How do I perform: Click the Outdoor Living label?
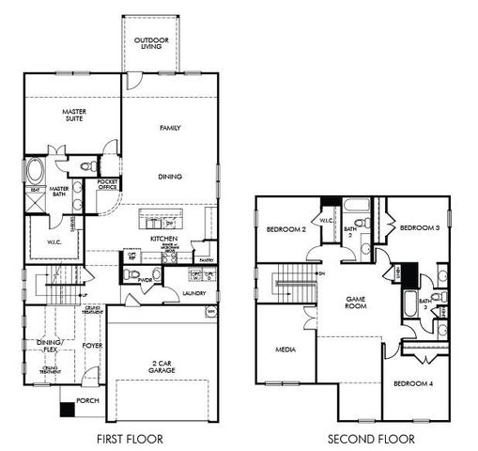pos(151,44)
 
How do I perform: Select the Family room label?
pos(170,127)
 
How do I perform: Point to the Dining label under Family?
pos(170,176)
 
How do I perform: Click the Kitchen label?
pos(164,240)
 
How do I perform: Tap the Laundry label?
pos(194,293)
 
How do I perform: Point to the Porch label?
pos(88,400)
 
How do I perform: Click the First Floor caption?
pos(131,439)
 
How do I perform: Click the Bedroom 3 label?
pos(420,227)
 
